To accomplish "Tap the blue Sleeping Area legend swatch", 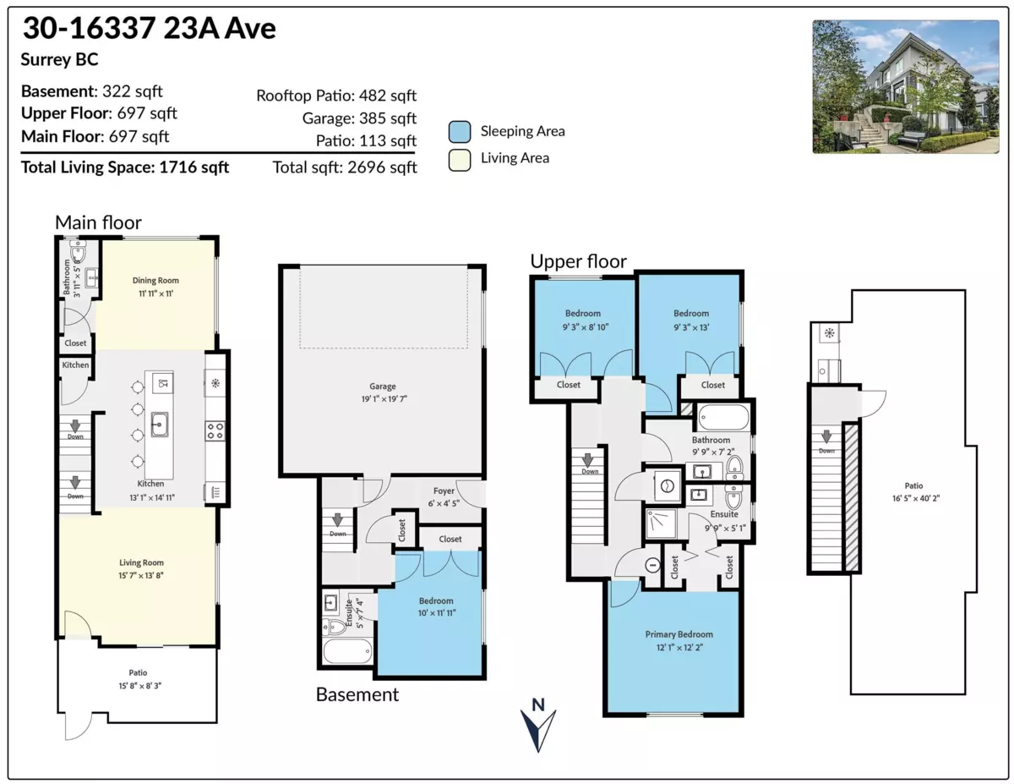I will click(x=460, y=131).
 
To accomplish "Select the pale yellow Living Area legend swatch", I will click(x=460, y=158).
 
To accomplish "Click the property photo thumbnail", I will click(x=905, y=87).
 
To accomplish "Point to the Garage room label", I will click(x=383, y=387).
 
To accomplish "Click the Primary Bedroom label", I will click(x=679, y=634).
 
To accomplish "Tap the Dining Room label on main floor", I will click(x=155, y=280).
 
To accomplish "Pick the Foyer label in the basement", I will click(x=444, y=491).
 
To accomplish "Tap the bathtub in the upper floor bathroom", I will click(x=724, y=418).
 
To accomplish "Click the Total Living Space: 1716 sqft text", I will click(x=125, y=167).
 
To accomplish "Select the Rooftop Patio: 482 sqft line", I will click(x=336, y=96).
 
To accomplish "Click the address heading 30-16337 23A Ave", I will click(x=149, y=29).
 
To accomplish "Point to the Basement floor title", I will click(x=357, y=695).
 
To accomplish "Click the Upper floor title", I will click(x=578, y=261).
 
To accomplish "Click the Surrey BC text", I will click(x=59, y=60).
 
